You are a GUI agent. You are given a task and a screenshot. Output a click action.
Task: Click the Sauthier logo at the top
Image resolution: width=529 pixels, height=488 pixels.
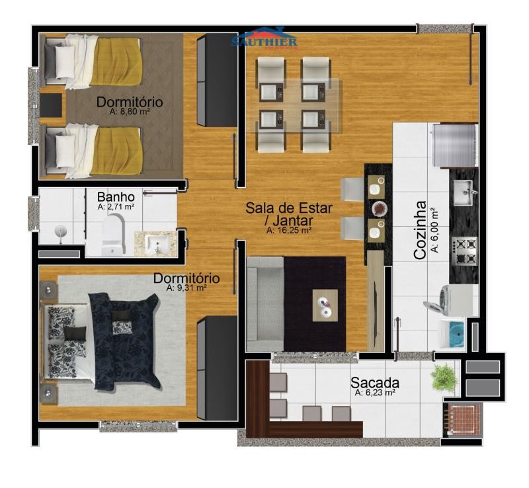click(264, 38)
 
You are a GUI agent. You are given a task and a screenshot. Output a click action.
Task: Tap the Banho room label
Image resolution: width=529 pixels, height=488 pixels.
click(116, 197)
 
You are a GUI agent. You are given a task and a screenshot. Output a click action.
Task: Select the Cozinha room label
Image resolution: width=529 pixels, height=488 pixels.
click(420, 231)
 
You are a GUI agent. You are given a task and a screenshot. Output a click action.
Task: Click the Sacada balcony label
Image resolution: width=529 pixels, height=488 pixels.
click(375, 383)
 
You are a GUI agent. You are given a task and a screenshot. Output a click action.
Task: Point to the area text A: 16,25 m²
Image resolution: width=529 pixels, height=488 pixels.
click(288, 231)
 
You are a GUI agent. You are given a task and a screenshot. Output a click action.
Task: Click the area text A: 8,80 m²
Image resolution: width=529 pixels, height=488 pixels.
click(130, 112)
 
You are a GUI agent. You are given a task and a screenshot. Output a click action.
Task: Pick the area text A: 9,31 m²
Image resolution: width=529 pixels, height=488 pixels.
click(186, 288)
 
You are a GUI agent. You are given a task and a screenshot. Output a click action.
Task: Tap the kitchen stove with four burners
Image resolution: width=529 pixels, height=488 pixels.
click(465, 251)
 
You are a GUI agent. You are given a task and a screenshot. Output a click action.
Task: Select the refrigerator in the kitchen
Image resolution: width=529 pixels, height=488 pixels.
click(456, 145)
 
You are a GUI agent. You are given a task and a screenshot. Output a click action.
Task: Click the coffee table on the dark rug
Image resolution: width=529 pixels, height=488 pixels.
click(325, 305)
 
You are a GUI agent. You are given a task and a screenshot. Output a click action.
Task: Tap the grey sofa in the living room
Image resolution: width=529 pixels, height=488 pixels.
click(265, 304)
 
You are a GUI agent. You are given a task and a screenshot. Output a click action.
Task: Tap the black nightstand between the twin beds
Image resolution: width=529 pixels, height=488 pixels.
click(51, 105)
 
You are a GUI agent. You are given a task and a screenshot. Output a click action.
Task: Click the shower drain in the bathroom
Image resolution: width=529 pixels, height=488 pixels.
click(60, 231)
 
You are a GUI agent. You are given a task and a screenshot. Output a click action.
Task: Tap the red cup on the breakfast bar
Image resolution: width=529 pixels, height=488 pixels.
click(378, 208)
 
